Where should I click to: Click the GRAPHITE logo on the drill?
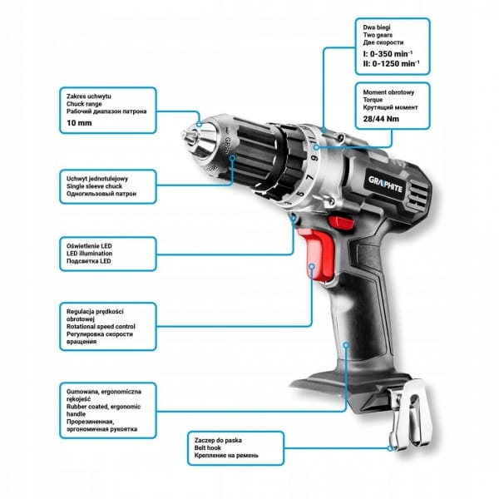click(385, 185)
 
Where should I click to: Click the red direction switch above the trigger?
click(341, 223)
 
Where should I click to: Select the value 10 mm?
click(79, 123)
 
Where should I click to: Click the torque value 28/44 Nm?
click(381, 119)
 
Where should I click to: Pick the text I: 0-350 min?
click(388, 53)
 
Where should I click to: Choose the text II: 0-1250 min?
click(391, 64)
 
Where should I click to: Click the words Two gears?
click(378, 35)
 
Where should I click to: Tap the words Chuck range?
click(84, 104)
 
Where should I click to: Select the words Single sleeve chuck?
click(94, 186)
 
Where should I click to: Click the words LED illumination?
click(90, 254)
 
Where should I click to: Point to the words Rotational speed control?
click(101, 327)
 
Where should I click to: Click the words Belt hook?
click(207, 447)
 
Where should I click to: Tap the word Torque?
click(373, 100)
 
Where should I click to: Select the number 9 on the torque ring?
click(314, 158)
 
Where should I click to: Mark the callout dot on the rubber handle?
click(347, 344)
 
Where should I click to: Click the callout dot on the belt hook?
click(390, 448)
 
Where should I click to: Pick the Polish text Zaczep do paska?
click(218, 441)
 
